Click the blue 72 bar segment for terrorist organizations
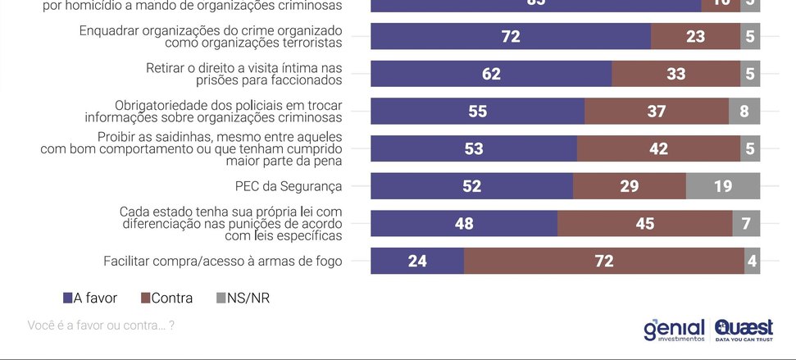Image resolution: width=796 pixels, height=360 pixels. coord(511,36)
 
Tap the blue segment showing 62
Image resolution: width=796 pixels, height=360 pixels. coord(491,74)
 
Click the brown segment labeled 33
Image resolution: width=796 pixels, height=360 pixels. coord(675,74)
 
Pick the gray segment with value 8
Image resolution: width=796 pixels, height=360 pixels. coord(744,112)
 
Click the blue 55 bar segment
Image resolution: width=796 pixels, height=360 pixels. coord(477,112)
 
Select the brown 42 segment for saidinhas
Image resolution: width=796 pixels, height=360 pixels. coord(658,148)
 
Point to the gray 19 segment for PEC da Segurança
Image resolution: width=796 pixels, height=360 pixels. coord(722,186)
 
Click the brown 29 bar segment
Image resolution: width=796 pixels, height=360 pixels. coord(629,186)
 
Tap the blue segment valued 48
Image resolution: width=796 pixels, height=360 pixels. coord(464,223)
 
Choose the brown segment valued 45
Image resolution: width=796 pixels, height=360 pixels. coord(644,223)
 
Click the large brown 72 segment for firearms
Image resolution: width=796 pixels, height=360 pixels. coord(604,261)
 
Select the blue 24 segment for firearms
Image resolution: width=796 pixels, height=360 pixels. coord(417,261)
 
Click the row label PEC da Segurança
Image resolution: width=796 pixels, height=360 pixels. coord(288,186)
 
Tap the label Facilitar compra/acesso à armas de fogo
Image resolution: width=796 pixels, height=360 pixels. coord(222,261)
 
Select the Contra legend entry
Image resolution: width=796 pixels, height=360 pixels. coord(167,298)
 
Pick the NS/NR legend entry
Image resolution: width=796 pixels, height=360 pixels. coord(243,298)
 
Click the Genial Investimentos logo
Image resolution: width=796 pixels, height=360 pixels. coord(674,330)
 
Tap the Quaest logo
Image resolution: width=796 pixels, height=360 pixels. coord(744,330)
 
